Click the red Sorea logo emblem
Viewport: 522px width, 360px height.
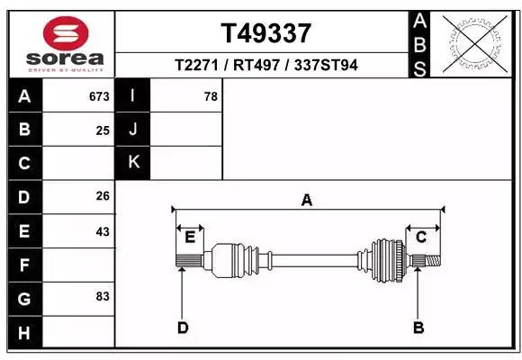point(66,33)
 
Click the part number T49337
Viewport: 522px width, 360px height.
point(266,33)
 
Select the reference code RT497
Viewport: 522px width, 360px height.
point(256,65)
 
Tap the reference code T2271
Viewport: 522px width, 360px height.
point(196,65)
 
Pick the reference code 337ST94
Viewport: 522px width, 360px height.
point(326,65)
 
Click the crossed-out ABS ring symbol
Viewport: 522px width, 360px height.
point(475,44)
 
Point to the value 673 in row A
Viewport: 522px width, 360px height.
point(99,96)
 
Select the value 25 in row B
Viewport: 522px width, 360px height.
point(103,130)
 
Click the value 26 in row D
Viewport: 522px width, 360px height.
point(103,196)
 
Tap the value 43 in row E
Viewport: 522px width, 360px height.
point(103,231)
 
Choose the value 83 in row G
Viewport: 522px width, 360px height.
point(103,296)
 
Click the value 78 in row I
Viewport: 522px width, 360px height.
point(211,96)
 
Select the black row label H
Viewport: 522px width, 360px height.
point(25,332)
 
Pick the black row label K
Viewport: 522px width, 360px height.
point(133,162)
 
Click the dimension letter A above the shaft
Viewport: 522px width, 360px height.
point(307,200)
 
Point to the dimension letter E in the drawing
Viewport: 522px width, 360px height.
point(190,238)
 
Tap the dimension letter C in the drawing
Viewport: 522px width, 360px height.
point(421,238)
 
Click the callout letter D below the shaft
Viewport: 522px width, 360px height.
point(183,328)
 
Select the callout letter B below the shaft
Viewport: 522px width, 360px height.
point(418,328)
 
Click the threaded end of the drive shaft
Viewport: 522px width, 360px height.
point(433,261)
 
